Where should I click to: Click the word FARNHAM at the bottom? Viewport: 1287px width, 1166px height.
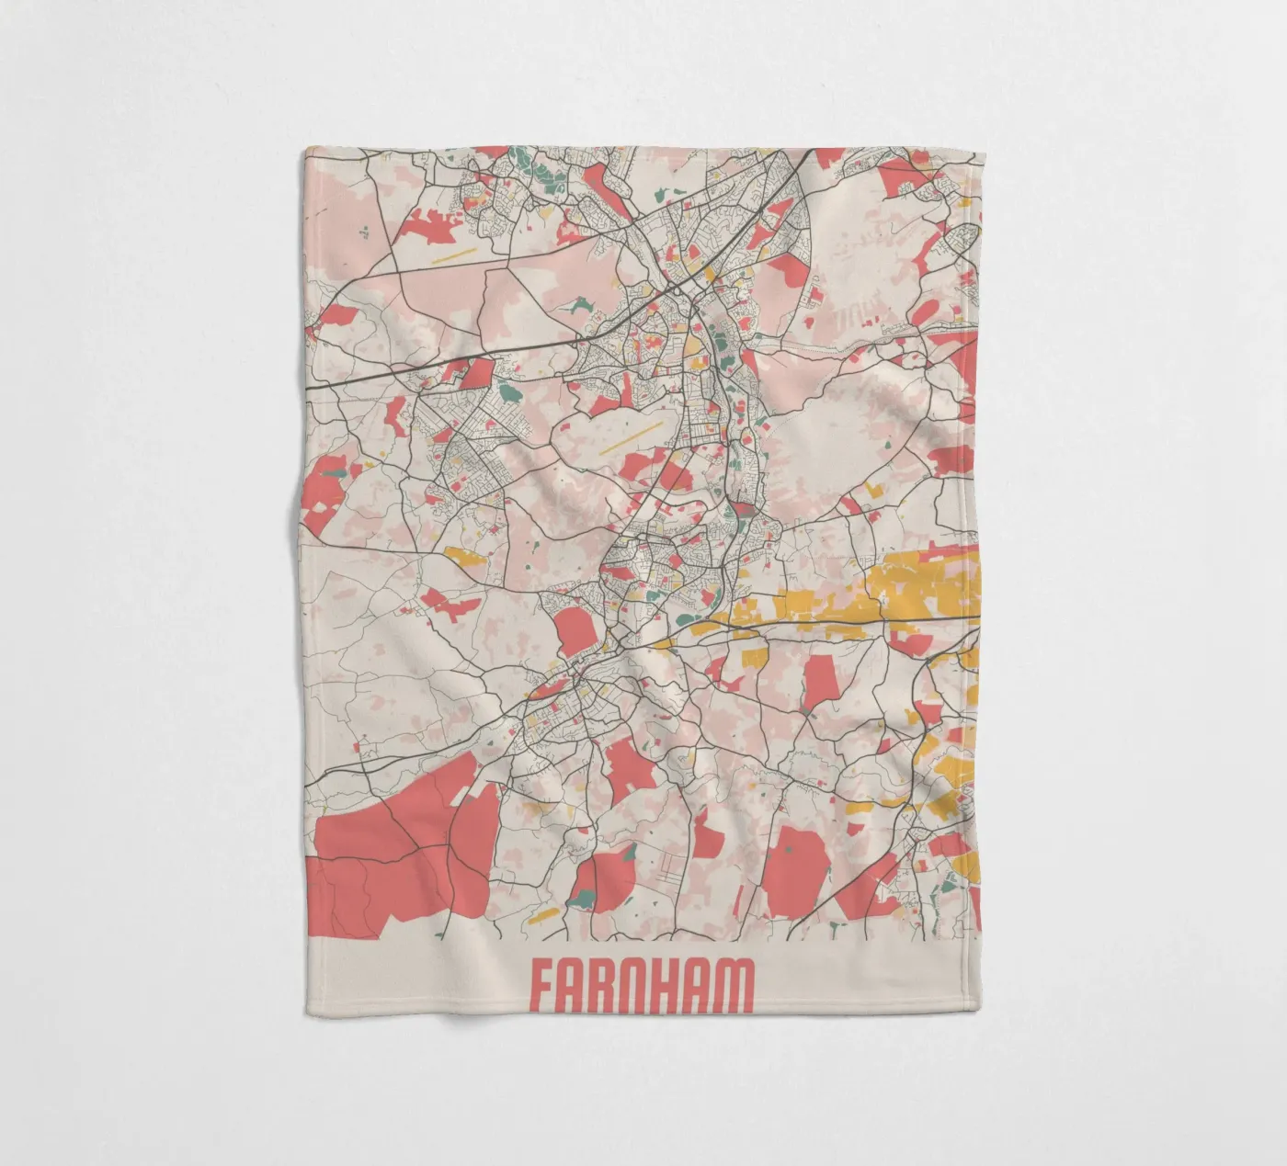point(642,988)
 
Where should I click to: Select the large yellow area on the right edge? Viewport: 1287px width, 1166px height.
point(919,588)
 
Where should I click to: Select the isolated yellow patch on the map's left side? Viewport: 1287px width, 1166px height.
point(463,555)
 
